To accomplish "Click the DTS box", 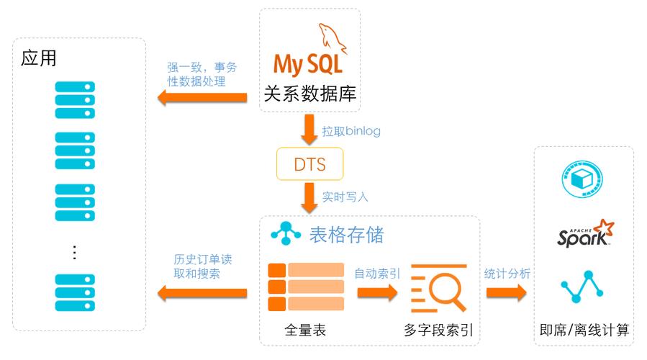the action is pyautogui.click(x=310, y=164).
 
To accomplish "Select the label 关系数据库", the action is pyautogui.click(x=310, y=94).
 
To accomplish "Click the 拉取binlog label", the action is pyautogui.click(x=351, y=131).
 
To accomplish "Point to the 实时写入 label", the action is pyautogui.click(x=345, y=197).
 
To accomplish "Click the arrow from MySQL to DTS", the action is pyautogui.click(x=309, y=129).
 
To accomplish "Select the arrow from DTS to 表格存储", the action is pyautogui.click(x=309, y=198).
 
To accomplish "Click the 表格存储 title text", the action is pyautogui.click(x=347, y=235).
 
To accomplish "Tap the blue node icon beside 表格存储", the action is pyautogui.click(x=286, y=233).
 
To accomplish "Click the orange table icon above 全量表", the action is pyautogui.click(x=306, y=287).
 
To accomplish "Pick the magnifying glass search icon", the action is pyautogui.click(x=439, y=288).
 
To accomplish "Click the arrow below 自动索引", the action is pyautogui.click(x=377, y=293).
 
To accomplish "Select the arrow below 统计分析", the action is pyautogui.click(x=506, y=293).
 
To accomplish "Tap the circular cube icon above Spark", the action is pyautogui.click(x=582, y=179).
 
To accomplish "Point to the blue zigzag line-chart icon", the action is pyautogui.click(x=582, y=287).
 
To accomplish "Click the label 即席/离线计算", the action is pyautogui.click(x=584, y=330).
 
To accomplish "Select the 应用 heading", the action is pyautogui.click(x=38, y=58).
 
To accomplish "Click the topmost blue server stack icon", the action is pyautogui.click(x=75, y=100).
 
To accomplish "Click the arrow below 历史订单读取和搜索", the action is pyautogui.click(x=202, y=293).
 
